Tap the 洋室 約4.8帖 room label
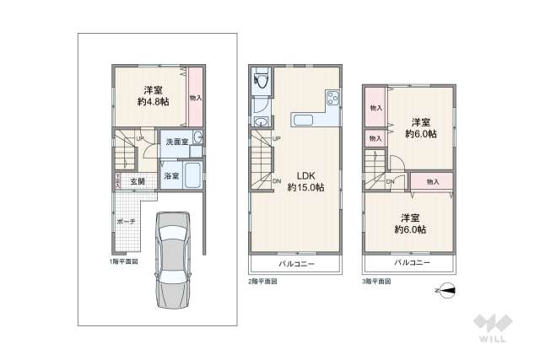tap(153, 95)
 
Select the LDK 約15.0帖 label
tap(305, 181)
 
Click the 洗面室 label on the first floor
tap(175, 142)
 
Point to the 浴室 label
tap(171, 175)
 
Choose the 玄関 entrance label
tap(137, 181)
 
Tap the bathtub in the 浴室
tap(192, 176)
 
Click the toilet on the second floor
tap(260, 81)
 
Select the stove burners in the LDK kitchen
tap(332, 99)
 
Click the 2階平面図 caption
tap(262, 282)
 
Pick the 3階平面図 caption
tap(376, 281)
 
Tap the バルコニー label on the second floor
tap(294, 263)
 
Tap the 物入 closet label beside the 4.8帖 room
tap(195, 98)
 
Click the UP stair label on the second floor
tap(275, 138)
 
